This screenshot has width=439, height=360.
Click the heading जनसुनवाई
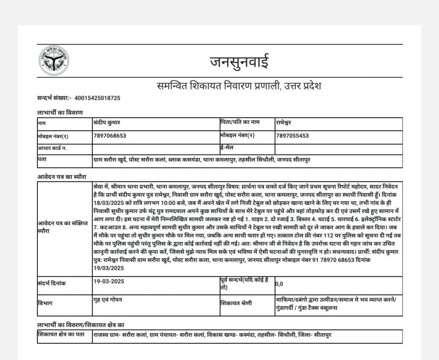click(239, 62)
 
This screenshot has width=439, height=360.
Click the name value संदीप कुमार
click(107, 123)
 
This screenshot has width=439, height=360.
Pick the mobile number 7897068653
click(110, 136)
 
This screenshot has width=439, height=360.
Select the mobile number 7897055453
click(293, 136)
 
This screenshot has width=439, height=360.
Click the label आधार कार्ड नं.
click(52, 148)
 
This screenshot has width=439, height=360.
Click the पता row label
click(42, 160)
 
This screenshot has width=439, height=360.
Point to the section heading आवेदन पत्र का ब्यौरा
click(62, 177)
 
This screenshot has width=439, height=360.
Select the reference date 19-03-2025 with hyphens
click(109, 284)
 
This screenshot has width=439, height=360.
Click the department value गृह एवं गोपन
click(108, 300)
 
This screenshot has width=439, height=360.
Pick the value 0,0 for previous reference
click(280, 284)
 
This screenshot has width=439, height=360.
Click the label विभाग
click(45, 303)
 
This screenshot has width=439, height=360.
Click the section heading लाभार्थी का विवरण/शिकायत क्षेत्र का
click(81, 324)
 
